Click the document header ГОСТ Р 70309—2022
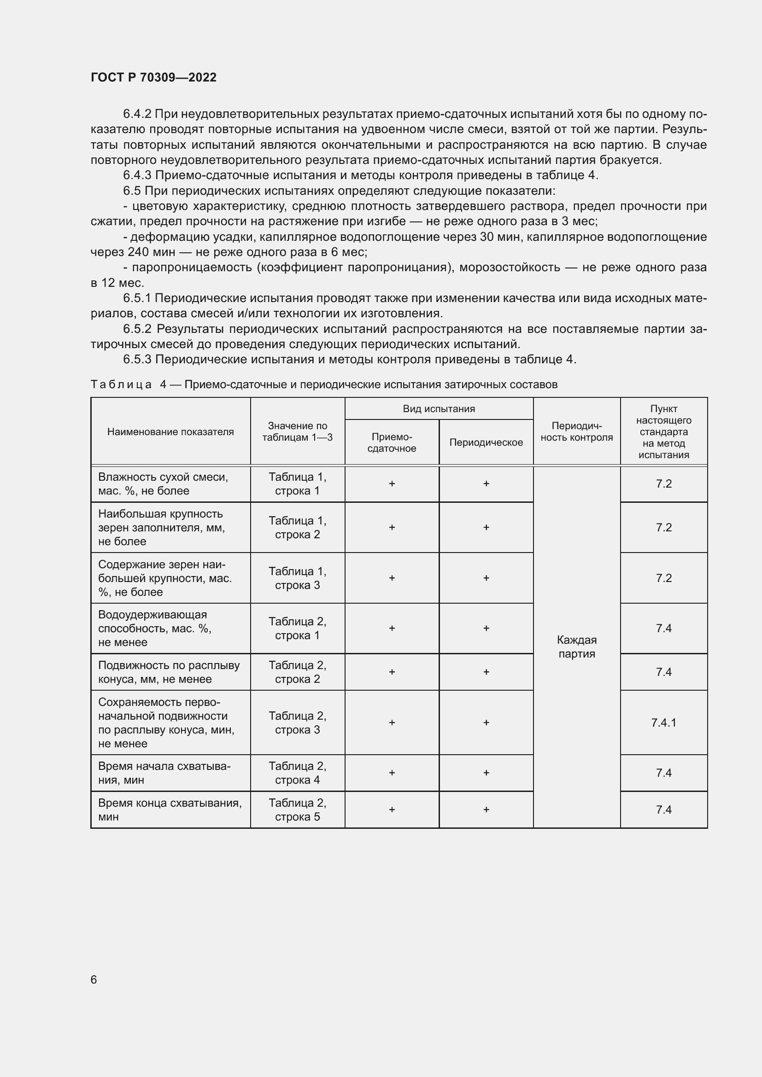[153, 77]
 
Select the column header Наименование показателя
[170, 431]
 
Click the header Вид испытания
[439, 408]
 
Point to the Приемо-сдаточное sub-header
[392, 442]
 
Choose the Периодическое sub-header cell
[486, 442]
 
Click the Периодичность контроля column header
[577, 431]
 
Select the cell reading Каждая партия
[577, 647]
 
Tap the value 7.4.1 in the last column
[663, 722]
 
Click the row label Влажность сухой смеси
[163, 483]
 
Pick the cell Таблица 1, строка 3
[298, 578]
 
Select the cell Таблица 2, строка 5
[298, 809]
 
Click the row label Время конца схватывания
[170, 809]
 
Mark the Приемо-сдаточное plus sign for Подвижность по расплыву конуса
[392, 672]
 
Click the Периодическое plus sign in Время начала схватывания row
[486, 773]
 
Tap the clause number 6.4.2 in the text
[137, 114]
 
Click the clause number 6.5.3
[137, 359]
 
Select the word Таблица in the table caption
[121, 384]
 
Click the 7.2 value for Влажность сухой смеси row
[663, 483]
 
